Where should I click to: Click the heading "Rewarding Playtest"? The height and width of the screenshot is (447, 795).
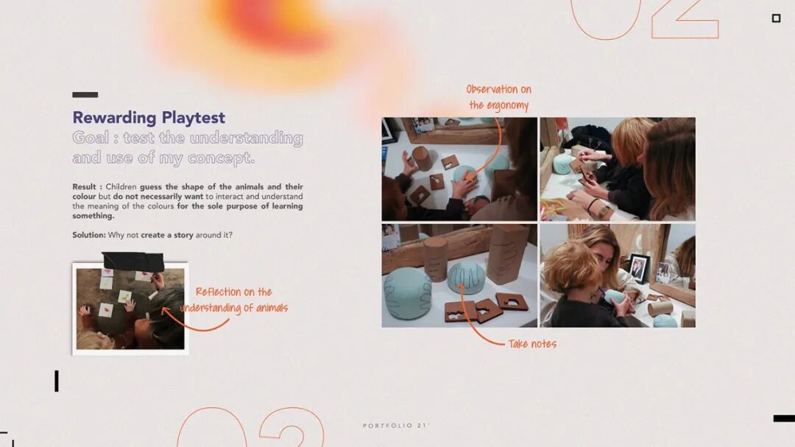[149, 118]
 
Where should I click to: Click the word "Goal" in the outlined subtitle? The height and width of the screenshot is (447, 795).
[91, 138]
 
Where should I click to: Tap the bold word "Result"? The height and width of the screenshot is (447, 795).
[84, 187]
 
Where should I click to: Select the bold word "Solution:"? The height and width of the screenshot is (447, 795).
[89, 235]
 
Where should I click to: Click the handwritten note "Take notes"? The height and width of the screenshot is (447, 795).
[532, 344]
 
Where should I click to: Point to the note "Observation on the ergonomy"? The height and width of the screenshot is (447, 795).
[499, 97]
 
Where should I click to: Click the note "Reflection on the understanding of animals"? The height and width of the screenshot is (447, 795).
[235, 300]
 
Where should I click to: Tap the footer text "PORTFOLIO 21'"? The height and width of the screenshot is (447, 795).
[396, 426]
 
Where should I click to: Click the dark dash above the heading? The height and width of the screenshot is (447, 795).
[85, 94]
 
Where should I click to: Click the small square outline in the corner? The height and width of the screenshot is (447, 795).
[776, 18]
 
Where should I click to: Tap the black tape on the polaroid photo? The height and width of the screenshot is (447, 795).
[133, 261]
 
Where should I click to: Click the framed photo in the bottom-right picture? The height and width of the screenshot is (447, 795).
[639, 267]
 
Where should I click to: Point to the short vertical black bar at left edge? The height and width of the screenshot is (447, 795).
[57, 381]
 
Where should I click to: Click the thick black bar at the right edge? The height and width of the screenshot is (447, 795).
[784, 418]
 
